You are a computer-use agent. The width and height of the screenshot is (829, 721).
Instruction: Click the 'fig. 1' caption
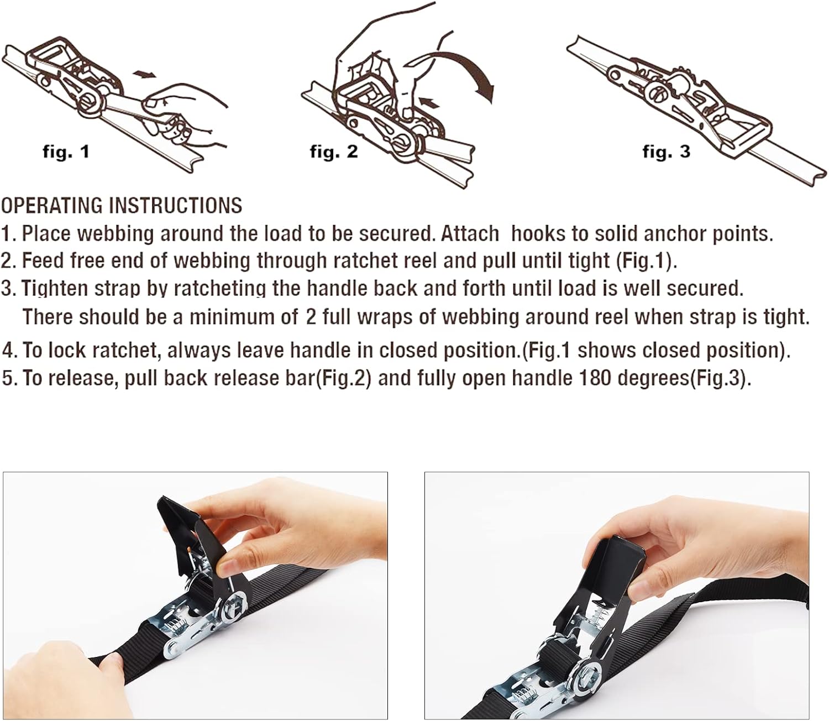point(66,151)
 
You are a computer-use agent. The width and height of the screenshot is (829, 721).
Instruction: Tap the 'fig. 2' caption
point(334,151)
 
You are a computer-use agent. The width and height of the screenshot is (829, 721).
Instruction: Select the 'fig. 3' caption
point(667,151)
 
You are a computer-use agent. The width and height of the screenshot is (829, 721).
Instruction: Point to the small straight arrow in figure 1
point(144,74)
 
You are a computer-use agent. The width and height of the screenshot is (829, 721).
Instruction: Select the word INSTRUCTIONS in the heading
point(176,205)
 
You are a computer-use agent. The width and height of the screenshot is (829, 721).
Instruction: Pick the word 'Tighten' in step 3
point(54,289)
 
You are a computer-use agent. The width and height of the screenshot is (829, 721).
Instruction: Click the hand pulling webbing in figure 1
point(185,116)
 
